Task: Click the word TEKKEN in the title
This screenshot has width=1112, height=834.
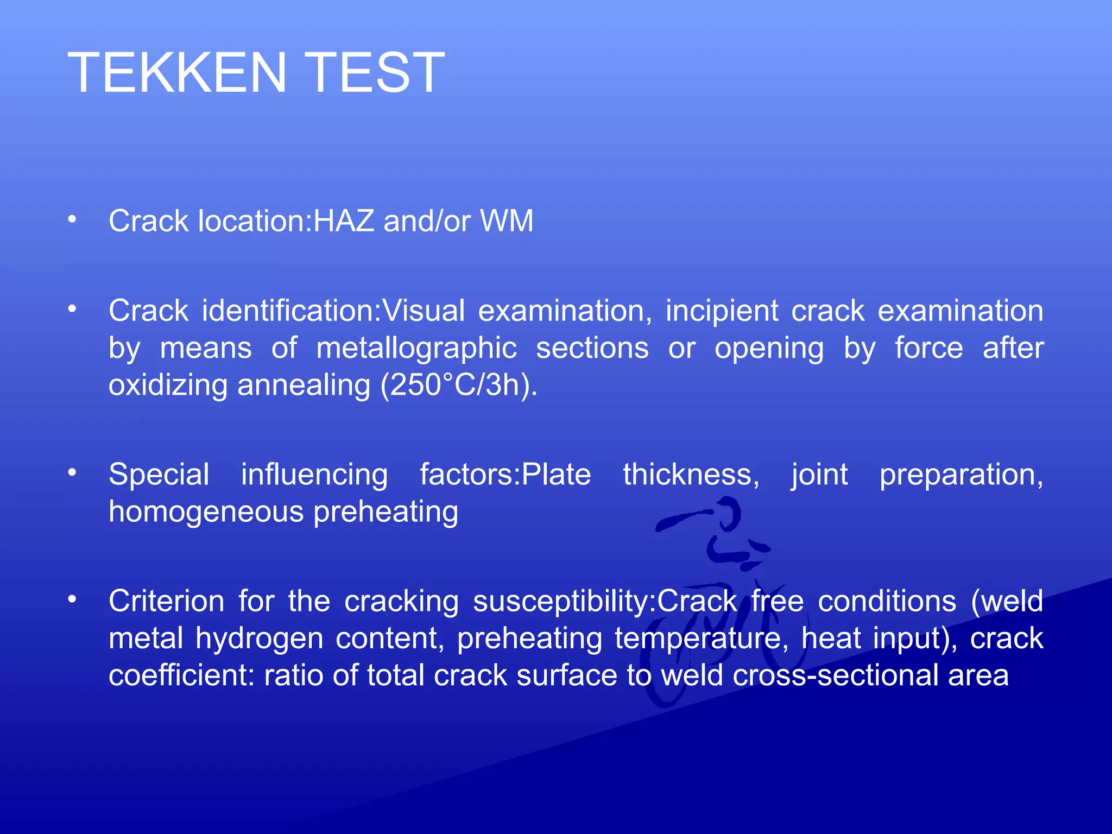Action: tap(177, 72)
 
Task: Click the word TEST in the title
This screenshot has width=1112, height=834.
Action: tap(377, 72)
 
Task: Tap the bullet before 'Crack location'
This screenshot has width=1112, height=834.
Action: tap(72, 219)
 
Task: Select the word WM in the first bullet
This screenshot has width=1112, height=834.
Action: tap(507, 221)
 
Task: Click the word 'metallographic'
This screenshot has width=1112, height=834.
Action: tap(416, 348)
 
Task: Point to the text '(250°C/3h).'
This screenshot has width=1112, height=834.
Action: tap(459, 385)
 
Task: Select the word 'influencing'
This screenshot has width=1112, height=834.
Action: tap(314, 475)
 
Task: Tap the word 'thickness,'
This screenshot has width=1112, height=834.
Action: tap(691, 475)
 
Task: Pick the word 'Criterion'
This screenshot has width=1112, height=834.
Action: tap(166, 601)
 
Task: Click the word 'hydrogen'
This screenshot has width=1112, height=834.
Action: tap(259, 639)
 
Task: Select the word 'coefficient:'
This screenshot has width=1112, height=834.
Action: tap(181, 675)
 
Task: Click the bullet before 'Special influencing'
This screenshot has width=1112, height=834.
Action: tap(72, 473)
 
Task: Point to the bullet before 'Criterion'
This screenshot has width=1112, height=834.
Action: tap(72, 599)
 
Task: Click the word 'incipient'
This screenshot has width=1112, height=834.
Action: tap(722, 311)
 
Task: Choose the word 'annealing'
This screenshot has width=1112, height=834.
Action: tap(304, 386)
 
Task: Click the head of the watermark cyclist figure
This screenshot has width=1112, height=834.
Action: tap(728, 513)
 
